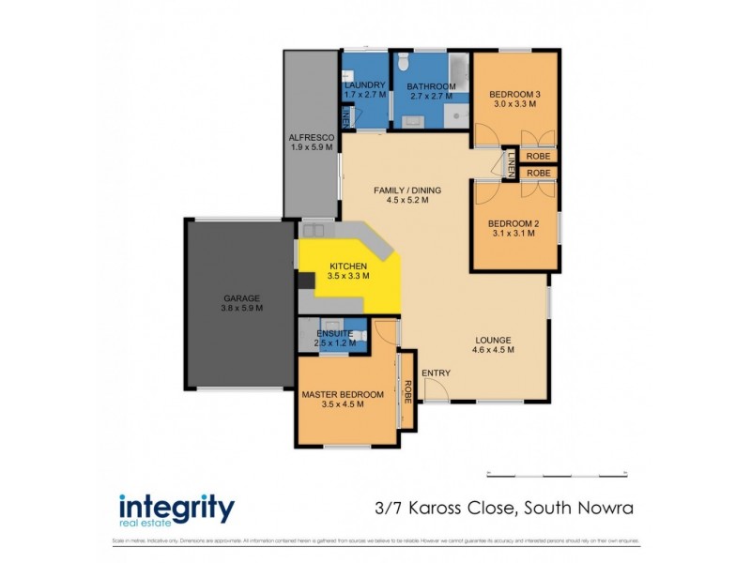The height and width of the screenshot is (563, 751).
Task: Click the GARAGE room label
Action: [x=241, y=297]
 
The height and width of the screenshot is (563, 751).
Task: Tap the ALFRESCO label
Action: [x=312, y=137]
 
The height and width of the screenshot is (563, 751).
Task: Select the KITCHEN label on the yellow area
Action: [x=347, y=266]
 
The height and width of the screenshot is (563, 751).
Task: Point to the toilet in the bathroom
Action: [x=402, y=64]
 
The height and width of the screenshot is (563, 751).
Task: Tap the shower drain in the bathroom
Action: [x=456, y=116]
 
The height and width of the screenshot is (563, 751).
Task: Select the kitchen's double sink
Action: [x=314, y=230]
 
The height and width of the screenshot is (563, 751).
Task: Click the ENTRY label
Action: [x=436, y=373]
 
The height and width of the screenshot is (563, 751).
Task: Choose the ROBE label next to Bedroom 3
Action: [x=537, y=157]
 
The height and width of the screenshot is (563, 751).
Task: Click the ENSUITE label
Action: [x=335, y=333]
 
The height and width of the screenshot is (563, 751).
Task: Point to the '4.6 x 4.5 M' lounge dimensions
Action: [x=493, y=350]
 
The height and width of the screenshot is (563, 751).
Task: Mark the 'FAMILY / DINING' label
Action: [x=407, y=190]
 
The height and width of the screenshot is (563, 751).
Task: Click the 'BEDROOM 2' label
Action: [x=512, y=222]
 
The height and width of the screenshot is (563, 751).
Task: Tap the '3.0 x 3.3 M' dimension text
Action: [x=513, y=104]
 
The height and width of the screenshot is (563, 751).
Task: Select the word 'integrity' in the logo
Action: [x=176, y=508]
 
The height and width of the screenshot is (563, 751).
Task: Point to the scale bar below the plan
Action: [x=558, y=472]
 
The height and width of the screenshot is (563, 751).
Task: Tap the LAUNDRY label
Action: [x=365, y=85]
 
